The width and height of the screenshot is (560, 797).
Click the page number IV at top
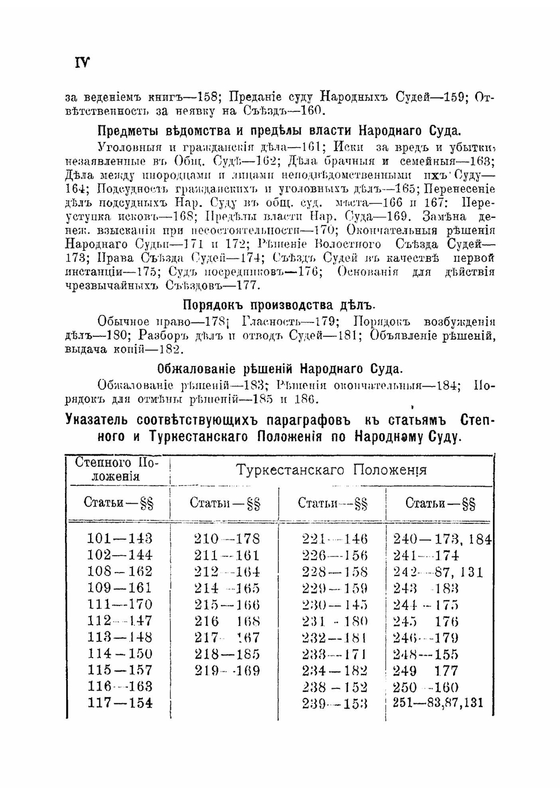click(82, 62)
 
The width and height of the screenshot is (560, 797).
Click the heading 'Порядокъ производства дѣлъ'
click(279, 305)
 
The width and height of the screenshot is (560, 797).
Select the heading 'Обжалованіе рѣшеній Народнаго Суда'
click(279, 369)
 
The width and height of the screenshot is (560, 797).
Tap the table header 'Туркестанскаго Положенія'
click(331, 470)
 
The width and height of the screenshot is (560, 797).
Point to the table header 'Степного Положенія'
click(117, 470)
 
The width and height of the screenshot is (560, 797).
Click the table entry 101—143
click(120, 538)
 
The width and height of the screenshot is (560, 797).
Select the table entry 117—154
click(120, 703)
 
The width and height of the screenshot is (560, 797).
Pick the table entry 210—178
click(227, 538)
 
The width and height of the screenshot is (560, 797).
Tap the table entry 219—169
click(227, 671)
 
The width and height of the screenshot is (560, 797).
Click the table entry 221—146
click(334, 538)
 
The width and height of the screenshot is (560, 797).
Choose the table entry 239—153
click(334, 704)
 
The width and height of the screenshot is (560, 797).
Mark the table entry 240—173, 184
click(442, 539)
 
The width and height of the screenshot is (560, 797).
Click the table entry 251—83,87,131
click(438, 703)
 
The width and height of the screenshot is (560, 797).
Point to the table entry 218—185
click(227, 654)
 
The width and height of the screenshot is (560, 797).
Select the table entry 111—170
click(120, 604)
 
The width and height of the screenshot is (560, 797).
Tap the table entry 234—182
click(334, 671)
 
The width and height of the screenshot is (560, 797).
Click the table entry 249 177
click(426, 671)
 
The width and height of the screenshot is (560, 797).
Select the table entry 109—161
click(120, 588)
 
